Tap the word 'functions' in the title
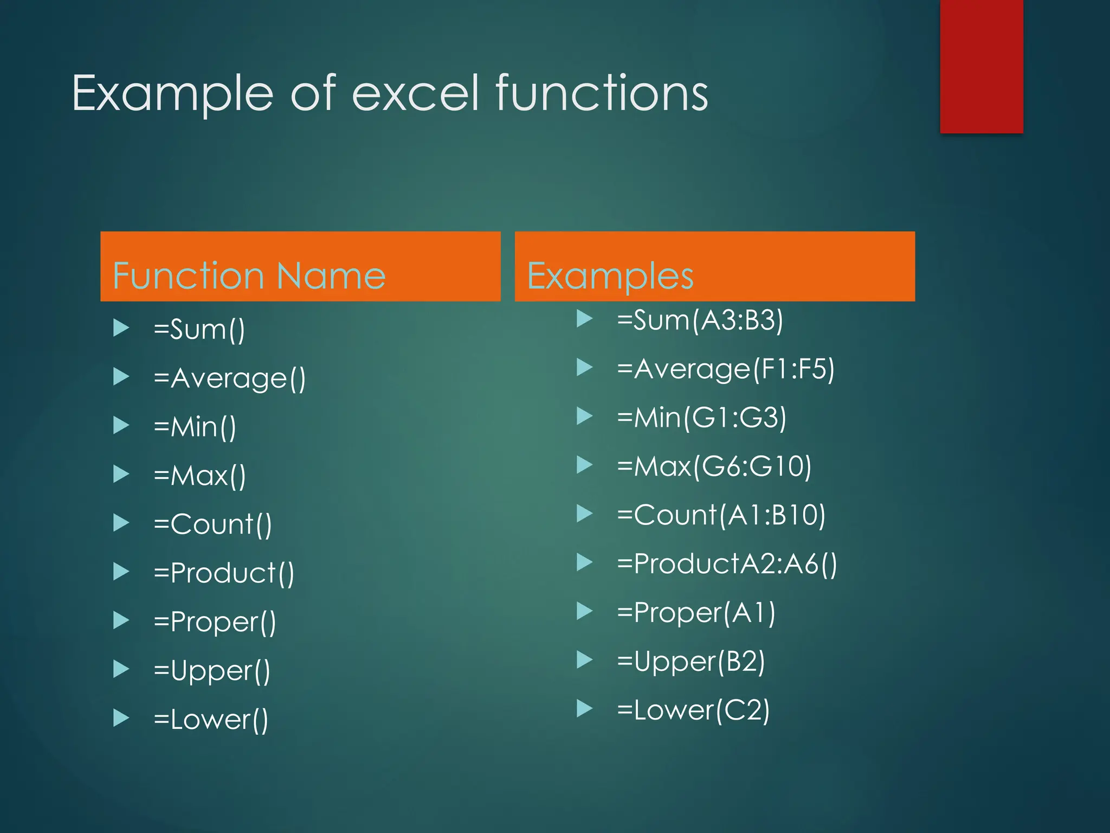point(602,93)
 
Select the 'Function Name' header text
point(249,275)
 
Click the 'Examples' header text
point(610,275)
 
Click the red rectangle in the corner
point(981,65)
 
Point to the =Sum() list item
point(199,329)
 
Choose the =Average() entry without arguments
point(230,378)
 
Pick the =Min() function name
point(195,427)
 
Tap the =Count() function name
point(212,524)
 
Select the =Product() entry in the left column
point(224,573)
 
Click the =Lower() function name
point(211,720)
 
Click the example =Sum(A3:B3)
point(700,320)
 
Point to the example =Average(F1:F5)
point(726,369)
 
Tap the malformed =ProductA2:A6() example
point(727,563)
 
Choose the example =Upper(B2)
point(691,661)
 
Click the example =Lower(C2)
point(693,710)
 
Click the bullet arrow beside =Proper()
point(121,620)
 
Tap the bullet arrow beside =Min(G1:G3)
point(584,416)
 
